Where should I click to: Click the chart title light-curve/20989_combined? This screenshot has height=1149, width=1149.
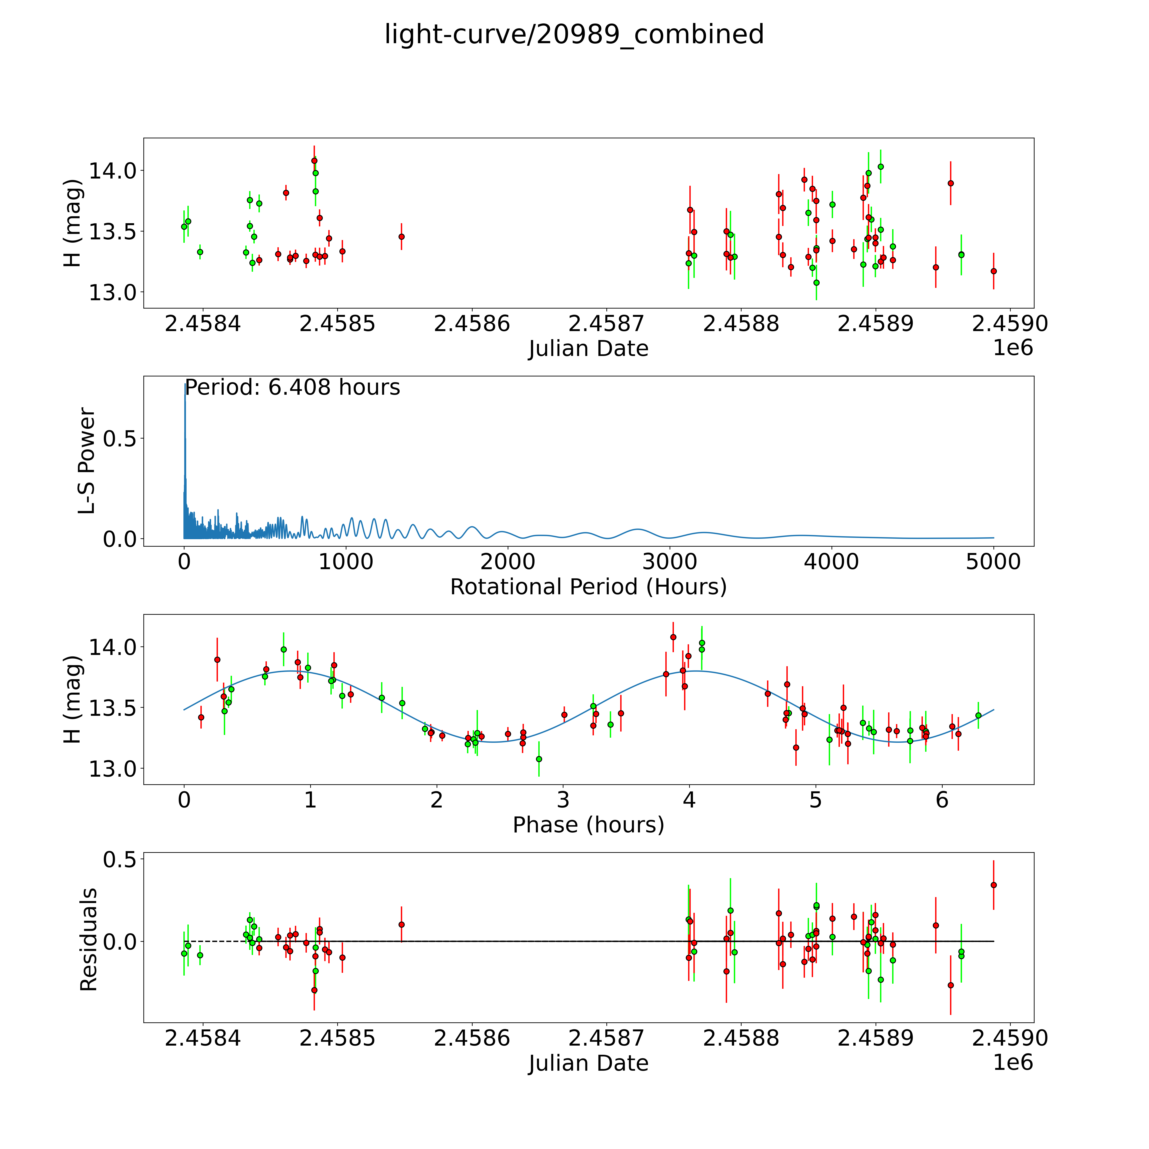[574, 34]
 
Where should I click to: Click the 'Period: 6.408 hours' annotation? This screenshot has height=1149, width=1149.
[293, 388]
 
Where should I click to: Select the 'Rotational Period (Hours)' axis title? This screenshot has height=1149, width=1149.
[588, 587]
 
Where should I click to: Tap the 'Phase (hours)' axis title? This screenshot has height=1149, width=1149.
[588, 825]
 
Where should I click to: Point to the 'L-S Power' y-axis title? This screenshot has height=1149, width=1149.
[87, 461]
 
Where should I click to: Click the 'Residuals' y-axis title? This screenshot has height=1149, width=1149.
[88, 940]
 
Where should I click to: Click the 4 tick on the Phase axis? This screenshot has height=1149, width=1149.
[689, 800]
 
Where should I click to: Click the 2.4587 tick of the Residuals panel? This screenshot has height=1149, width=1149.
[606, 1038]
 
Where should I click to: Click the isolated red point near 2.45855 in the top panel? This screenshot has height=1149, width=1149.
[402, 237]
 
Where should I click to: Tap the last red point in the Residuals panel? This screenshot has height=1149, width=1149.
[993, 885]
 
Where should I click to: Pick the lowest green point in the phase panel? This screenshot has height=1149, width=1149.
[539, 759]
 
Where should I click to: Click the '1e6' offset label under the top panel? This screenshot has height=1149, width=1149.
[1013, 348]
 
